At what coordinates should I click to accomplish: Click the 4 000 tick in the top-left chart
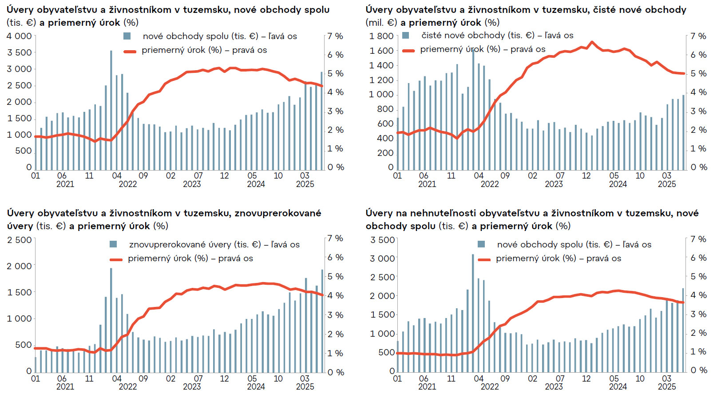pyautogui.click(x=19, y=36)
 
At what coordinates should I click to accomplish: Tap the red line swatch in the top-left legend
pyautogui.click(x=130, y=52)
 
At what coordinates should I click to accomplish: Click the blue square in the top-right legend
pyautogui.click(x=405, y=36)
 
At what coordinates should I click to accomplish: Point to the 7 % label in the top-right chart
pyautogui.click(x=698, y=36)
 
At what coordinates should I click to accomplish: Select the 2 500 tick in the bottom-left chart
pyautogui.click(x=19, y=240)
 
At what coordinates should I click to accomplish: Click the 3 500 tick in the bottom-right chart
pyautogui.click(x=382, y=240)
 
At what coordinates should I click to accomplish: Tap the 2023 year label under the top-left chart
pyautogui.click(x=192, y=184)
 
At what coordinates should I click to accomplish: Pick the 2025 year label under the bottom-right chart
pyautogui.click(x=667, y=387)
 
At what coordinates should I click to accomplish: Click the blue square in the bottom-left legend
pyautogui.click(x=113, y=244)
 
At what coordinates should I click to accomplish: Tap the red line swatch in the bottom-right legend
pyautogui.click(x=484, y=259)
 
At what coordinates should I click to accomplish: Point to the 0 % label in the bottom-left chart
pyautogui.click(x=336, y=372)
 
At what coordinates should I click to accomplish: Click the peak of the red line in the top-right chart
pyautogui.click(x=591, y=42)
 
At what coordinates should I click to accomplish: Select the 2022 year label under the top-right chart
pyautogui.click(x=490, y=184)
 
